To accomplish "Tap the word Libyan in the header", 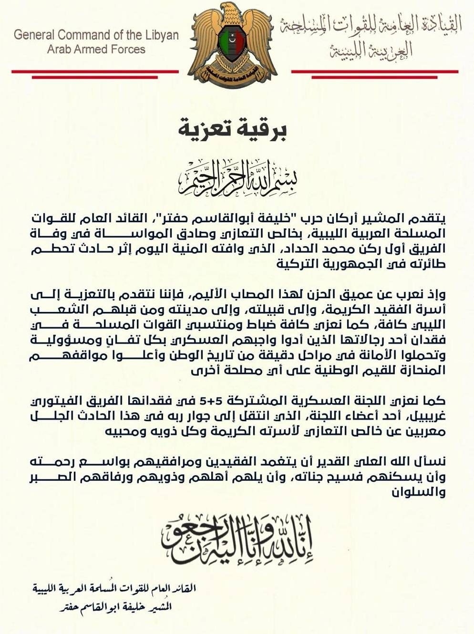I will click(x=162, y=35).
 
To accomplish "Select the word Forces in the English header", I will click(x=129, y=49).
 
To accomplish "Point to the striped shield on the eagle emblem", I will click(x=234, y=45).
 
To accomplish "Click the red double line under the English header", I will click(x=95, y=73).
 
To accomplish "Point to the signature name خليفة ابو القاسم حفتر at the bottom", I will click(x=124, y=608).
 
